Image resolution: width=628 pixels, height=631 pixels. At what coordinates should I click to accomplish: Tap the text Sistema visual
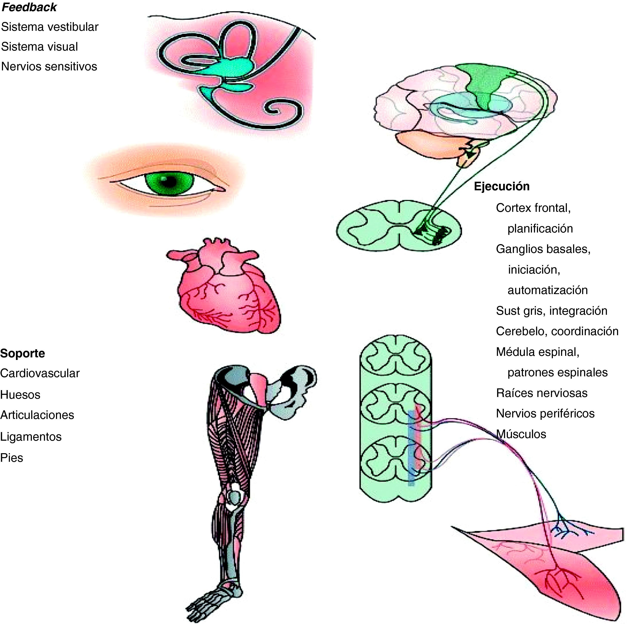[40, 47]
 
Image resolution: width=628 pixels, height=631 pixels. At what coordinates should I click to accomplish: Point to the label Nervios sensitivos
[49, 67]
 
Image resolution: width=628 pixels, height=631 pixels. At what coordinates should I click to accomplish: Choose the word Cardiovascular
[40, 373]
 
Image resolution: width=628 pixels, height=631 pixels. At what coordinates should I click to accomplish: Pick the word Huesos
[20, 395]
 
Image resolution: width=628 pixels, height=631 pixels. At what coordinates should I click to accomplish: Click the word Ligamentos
[31, 437]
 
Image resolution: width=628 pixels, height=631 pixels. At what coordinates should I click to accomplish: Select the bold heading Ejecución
[502, 186]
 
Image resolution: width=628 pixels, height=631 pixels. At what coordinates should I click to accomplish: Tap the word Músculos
[521, 434]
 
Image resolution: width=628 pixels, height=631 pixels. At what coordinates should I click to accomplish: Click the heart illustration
[225, 287]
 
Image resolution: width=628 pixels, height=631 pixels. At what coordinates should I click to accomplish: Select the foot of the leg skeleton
[212, 598]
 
